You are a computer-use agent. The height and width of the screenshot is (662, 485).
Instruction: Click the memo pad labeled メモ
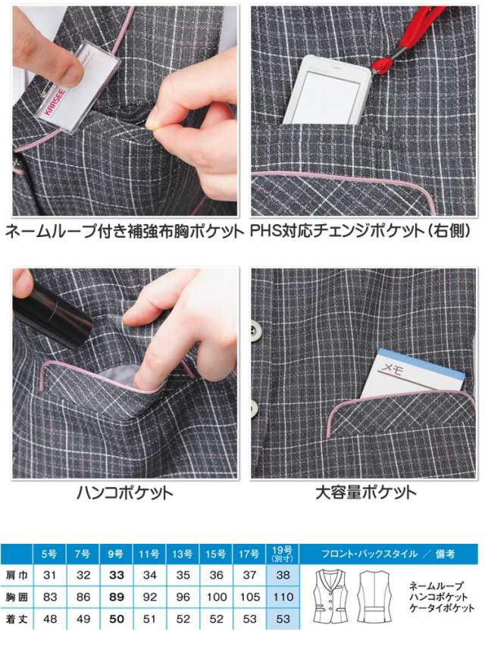412,374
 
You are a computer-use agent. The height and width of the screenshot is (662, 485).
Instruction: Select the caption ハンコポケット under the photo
124,492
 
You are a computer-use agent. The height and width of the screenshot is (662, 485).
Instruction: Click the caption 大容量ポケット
365,492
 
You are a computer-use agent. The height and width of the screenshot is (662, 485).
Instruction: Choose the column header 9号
116,554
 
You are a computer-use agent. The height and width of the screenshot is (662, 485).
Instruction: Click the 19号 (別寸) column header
283,554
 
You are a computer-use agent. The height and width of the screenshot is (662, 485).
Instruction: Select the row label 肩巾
17,575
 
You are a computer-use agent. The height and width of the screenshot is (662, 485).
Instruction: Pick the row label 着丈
17,619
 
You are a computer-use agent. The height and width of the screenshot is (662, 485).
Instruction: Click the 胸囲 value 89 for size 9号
116,597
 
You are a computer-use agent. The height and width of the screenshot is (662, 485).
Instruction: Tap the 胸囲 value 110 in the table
283,597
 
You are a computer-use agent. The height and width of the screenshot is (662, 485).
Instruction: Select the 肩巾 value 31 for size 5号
50,575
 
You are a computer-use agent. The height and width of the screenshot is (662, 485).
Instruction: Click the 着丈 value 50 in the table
116,619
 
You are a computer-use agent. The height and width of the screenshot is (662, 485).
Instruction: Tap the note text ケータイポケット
442,608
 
